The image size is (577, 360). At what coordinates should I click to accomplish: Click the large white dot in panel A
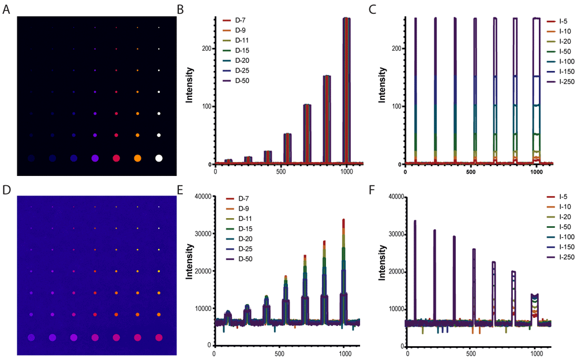point(159,157)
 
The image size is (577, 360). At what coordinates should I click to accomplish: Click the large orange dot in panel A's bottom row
point(137,157)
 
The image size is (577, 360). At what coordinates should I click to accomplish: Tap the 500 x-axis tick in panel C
point(471,172)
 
